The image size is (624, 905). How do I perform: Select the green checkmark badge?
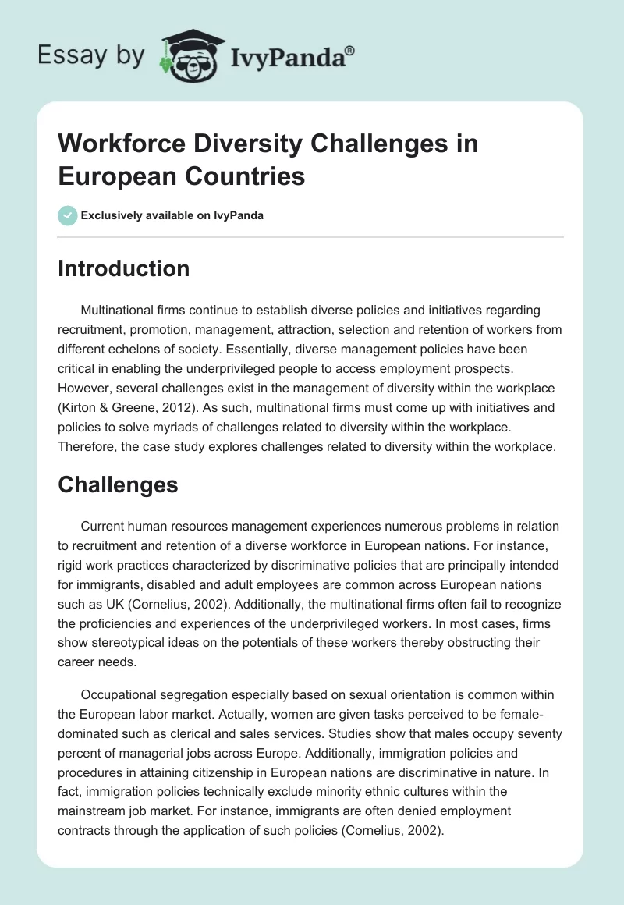pyautogui.click(x=68, y=215)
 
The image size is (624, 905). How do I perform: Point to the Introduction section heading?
pyautogui.click(x=124, y=268)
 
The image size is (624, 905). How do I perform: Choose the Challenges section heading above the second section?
pyautogui.click(x=119, y=484)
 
